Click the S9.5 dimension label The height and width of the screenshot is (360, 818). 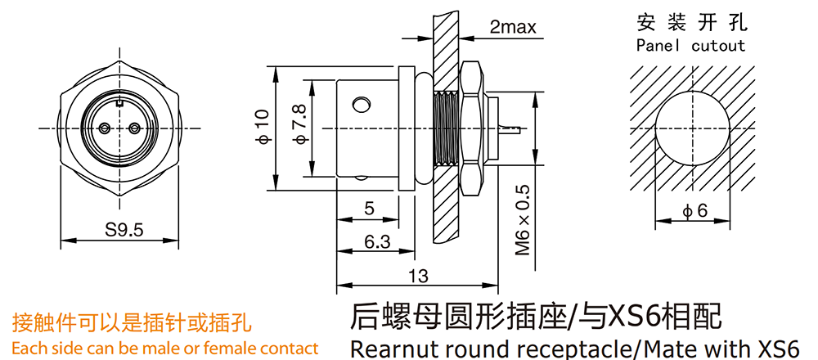[x=124, y=230]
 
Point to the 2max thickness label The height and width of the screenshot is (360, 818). [x=513, y=27]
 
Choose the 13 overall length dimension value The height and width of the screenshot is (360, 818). [x=417, y=277]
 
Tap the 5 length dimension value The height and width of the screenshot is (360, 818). [x=369, y=209]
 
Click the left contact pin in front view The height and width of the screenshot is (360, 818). [x=106, y=128]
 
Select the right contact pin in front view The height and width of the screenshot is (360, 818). [x=133, y=128]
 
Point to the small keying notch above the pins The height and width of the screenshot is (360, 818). [x=119, y=103]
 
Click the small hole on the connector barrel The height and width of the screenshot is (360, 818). [x=361, y=104]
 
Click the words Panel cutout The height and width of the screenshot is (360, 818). [x=691, y=45]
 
